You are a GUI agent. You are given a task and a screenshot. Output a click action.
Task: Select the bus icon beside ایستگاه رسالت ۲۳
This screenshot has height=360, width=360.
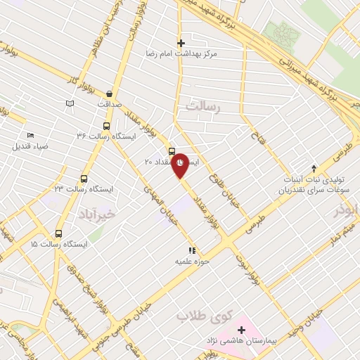84,179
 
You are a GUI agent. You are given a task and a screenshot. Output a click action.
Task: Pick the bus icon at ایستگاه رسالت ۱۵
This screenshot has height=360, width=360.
58,234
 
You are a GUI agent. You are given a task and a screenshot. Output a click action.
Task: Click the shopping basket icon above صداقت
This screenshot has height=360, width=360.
110,94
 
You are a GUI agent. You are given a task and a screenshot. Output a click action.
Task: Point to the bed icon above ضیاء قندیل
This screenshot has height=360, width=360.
30,136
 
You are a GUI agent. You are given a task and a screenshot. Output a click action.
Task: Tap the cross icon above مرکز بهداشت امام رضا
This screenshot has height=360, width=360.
181,43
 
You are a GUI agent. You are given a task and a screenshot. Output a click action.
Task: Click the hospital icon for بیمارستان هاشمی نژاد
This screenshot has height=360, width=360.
241,329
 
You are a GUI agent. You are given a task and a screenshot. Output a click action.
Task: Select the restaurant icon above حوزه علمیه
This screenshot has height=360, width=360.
191,250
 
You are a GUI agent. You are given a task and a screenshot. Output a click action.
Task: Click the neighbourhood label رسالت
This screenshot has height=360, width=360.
204,105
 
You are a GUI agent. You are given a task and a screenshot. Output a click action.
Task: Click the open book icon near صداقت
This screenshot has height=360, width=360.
69,104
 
